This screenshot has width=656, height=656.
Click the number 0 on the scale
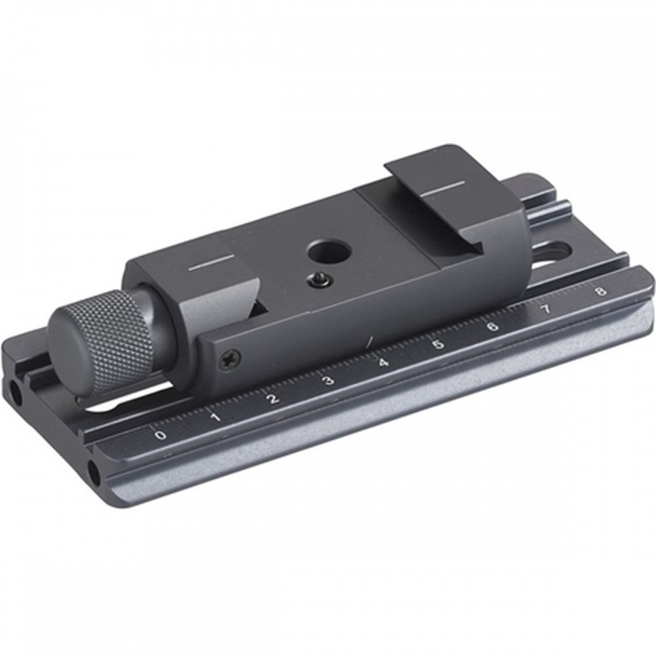click(160, 435)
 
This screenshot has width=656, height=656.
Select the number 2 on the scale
click(273, 399)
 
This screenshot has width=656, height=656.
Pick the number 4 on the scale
click(384, 363)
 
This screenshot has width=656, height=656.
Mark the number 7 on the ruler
click(546, 309)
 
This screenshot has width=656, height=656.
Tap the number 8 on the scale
click(601, 291)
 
